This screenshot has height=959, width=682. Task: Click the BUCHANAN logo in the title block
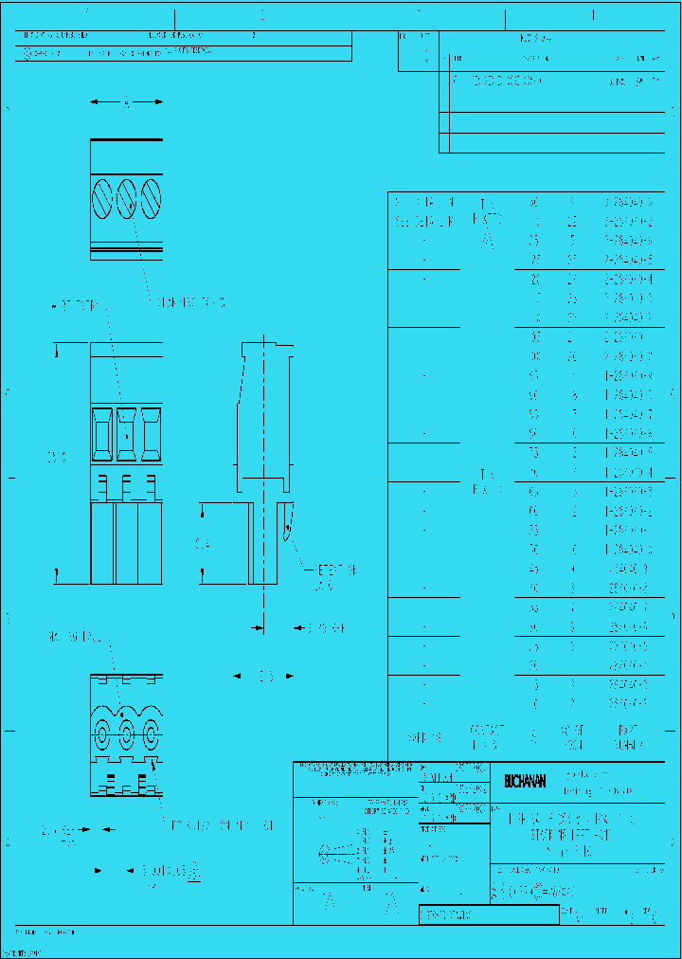point(525,781)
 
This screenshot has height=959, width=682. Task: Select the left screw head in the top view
point(102,199)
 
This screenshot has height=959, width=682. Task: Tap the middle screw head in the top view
point(127,199)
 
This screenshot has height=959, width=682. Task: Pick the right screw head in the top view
point(151,199)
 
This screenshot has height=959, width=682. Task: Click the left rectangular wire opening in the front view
point(102,427)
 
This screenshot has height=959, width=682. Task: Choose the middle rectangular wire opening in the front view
point(127,427)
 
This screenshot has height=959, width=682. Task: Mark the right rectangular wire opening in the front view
point(150,427)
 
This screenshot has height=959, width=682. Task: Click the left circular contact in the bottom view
point(103,733)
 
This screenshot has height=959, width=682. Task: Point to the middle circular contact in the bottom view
point(127,733)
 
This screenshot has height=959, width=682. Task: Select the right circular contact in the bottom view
point(151,733)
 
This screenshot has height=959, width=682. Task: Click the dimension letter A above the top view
point(127,102)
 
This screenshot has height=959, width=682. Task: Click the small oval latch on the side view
point(286,524)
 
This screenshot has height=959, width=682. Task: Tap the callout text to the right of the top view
point(192,302)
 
